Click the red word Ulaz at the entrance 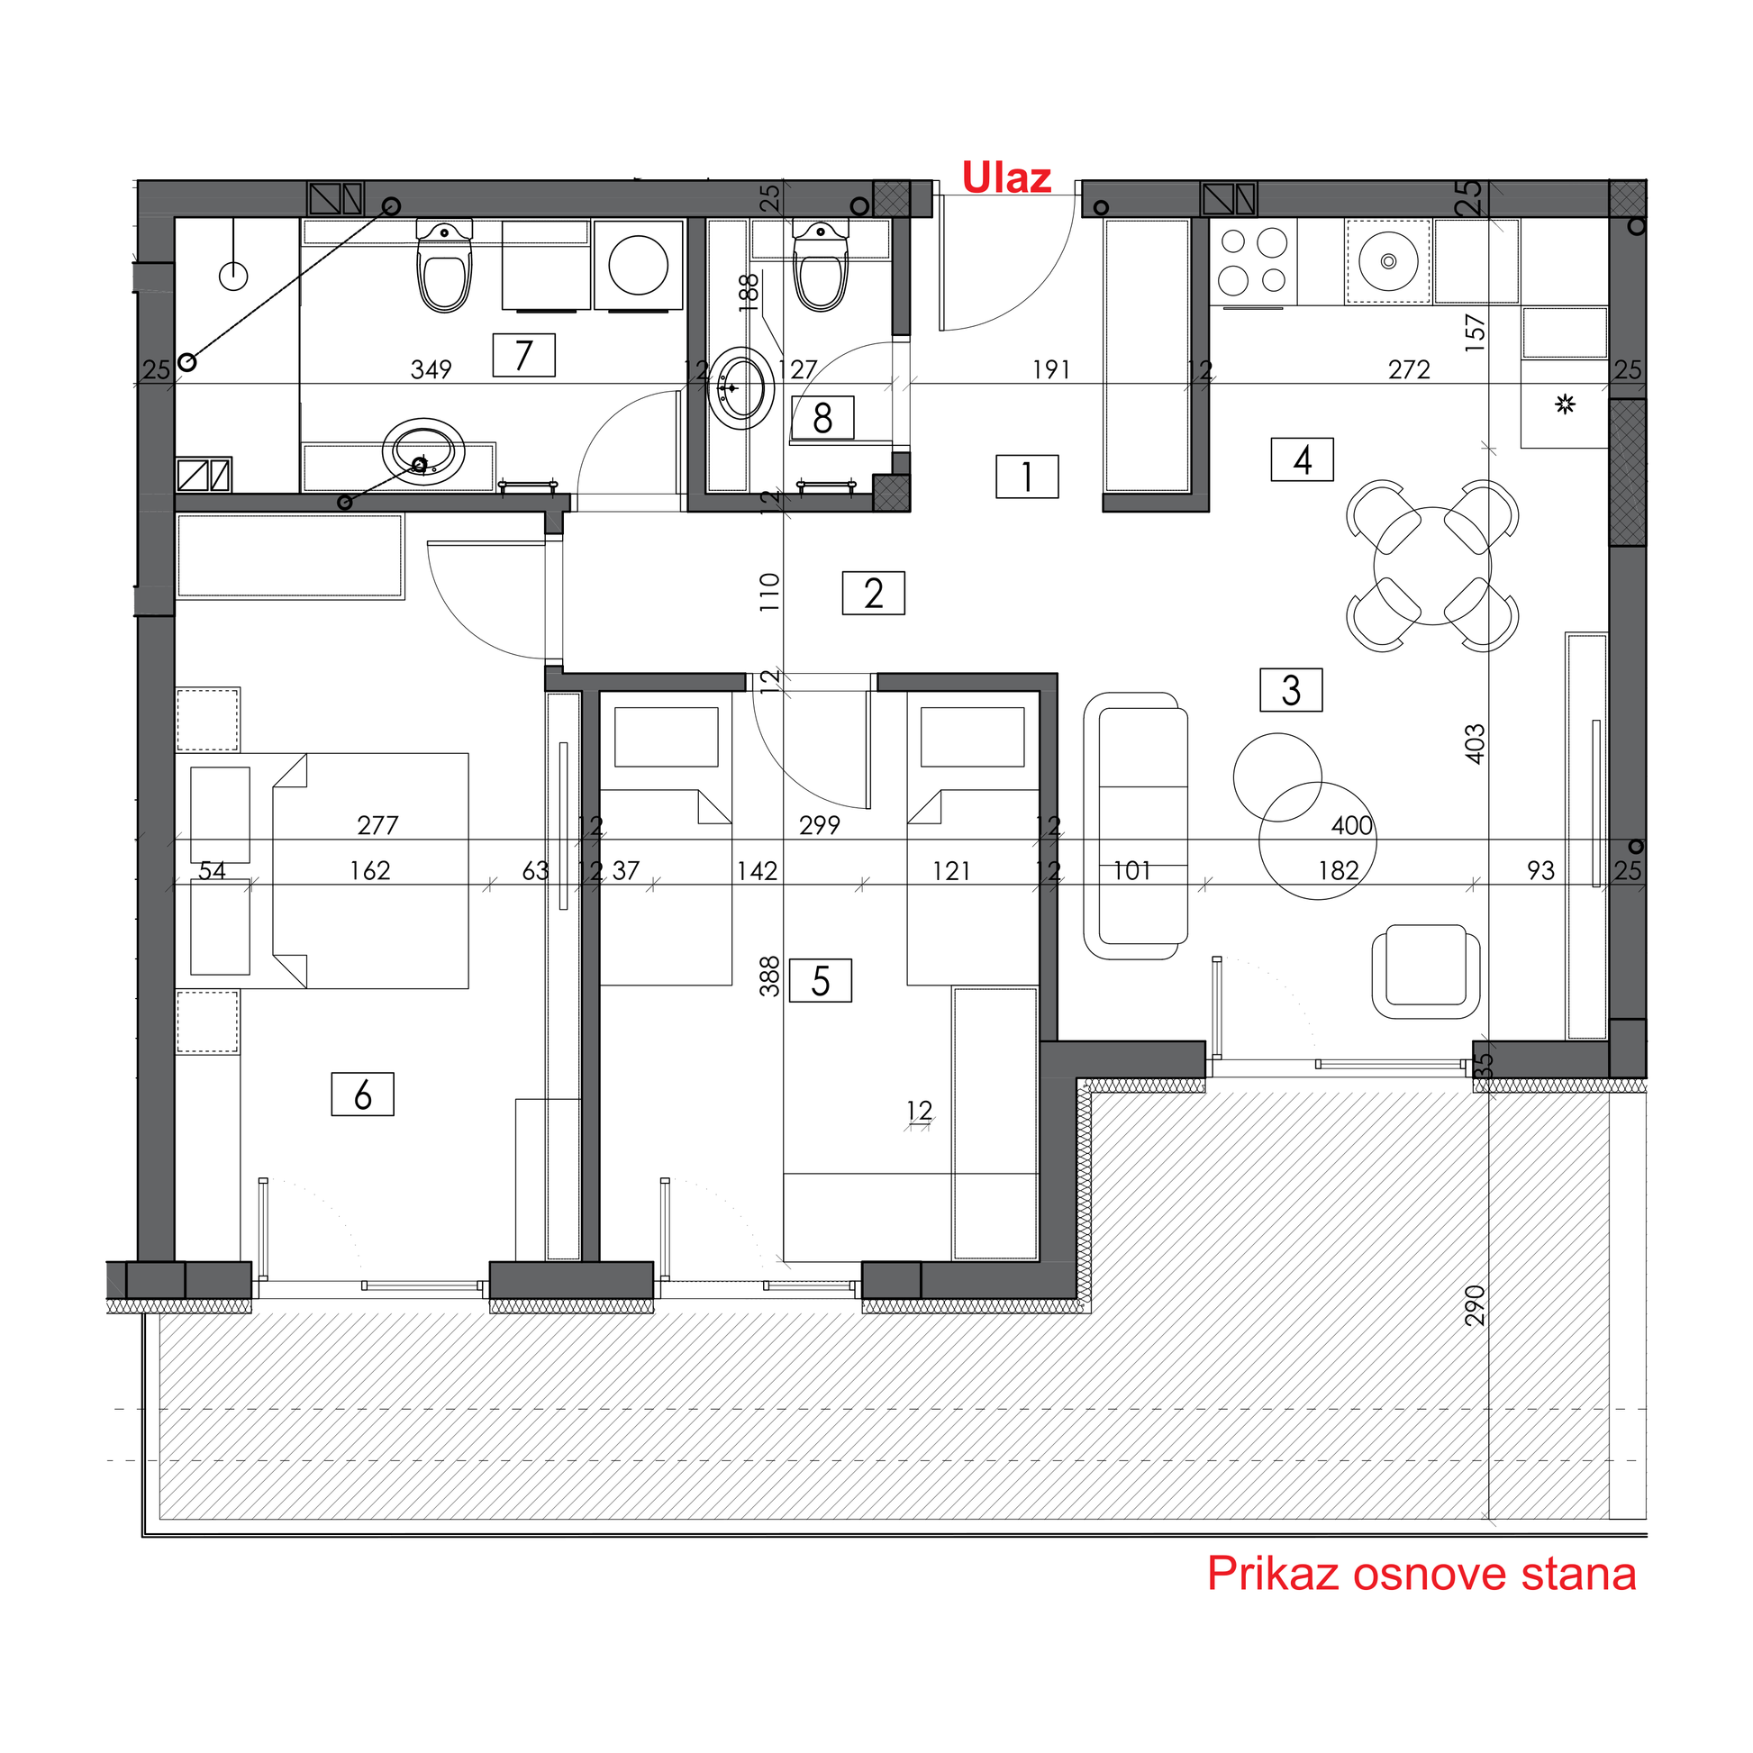pyautogui.click(x=1006, y=177)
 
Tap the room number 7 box pyautogui.click(x=523, y=355)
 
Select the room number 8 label pyautogui.click(x=822, y=418)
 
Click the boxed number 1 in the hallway pyautogui.click(x=1027, y=477)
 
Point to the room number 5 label pyautogui.click(x=821, y=980)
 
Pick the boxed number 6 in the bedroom pyautogui.click(x=363, y=1094)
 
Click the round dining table pyautogui.click(x=1431, y=567)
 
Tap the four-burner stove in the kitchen pyautogui.click(x=1253, y=262)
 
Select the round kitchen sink pyautogui.click(x=1388, y=261)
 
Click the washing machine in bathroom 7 pyautogui.click(x=639, y=265)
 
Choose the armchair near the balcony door pyautogui.click(x=1425, y=971)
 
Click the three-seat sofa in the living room pyautogui.click(x=1136, y=826)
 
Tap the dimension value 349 pyautogui.click(x=431, y=369)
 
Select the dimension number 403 pyautogui.click(x=1476, y=744)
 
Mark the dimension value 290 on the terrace pyautogui.click(x=1476, y=1305)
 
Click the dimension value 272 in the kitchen pyautogui.click(x=1409, y=369)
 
